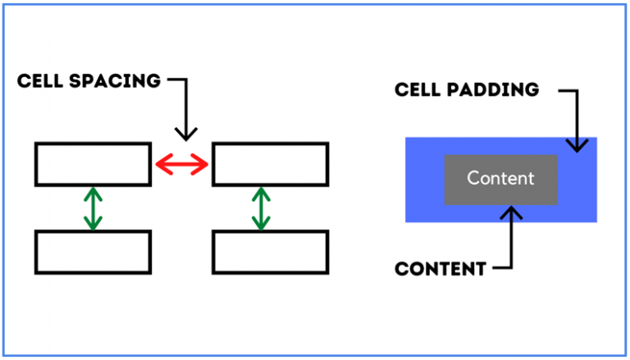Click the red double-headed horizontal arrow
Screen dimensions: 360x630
182,166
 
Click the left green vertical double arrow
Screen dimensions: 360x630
94,208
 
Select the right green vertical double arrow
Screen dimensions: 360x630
262,208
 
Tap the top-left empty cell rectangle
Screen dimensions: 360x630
93,164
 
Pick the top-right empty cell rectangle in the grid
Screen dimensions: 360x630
270,164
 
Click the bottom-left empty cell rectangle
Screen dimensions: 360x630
93,252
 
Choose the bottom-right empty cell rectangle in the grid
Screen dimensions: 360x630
270,252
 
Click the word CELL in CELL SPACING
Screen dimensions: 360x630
42,81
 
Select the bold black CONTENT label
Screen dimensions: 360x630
440,268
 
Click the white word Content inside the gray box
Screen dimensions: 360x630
500,178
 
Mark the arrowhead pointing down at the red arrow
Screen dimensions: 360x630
187,133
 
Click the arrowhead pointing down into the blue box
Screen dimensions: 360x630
577,144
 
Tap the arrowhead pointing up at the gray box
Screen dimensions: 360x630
512,213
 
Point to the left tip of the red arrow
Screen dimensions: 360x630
157,166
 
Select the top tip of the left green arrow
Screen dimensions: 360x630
94,189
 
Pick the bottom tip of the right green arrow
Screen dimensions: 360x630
262,228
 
